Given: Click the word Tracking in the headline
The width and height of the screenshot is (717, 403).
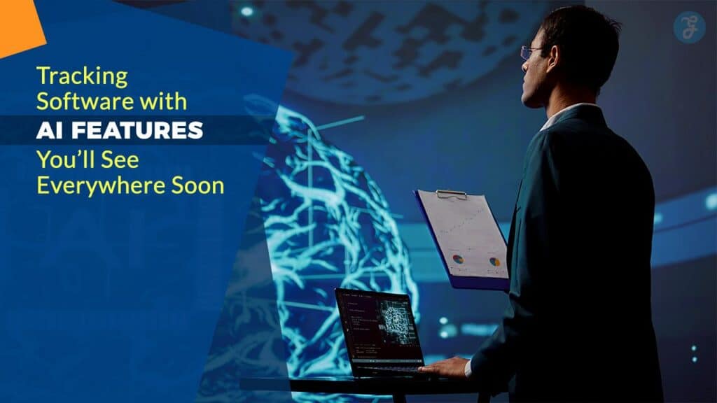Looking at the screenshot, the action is point(83,77).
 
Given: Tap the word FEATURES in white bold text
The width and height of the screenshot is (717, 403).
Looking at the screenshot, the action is point(137,131).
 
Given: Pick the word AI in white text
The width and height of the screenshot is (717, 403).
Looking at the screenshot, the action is point(50,131).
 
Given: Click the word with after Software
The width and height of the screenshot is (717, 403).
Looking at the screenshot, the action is point(163,101).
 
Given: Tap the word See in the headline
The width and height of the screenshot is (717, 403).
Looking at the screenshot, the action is point(120,160).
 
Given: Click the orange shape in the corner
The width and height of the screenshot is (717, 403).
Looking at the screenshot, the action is point(19,25).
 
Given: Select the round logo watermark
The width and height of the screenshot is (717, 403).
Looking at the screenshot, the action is point(689,27).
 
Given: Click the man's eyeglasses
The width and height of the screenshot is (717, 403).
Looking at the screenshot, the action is point(531,52).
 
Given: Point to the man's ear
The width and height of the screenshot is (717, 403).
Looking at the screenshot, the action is point(553,57).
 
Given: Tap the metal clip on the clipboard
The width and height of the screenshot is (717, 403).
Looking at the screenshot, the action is point(452,195).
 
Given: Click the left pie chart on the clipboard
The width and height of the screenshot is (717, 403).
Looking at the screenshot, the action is point(458,259).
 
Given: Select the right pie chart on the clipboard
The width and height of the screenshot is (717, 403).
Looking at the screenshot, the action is point(495,262).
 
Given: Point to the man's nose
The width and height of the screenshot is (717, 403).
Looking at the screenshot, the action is point(524,69).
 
